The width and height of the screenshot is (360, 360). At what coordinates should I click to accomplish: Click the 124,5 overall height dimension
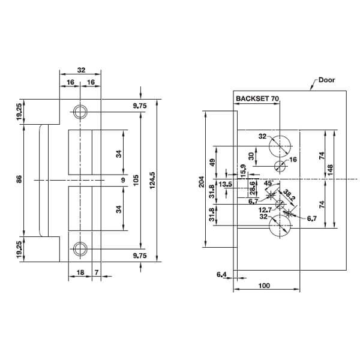click(153, 179)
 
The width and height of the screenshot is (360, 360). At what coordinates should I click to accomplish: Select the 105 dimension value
click(136, 179)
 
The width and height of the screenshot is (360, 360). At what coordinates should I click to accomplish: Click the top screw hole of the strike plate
click(79, 111)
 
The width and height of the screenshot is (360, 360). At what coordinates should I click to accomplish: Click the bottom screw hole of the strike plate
click(79, 249)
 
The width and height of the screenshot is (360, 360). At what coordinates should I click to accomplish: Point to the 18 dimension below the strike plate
click(79, 273)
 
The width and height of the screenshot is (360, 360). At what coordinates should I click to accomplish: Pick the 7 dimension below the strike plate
click(97, 273)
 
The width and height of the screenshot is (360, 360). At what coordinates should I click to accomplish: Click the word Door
click(327, 79)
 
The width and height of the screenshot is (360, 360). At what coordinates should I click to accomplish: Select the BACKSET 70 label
click(257, 97)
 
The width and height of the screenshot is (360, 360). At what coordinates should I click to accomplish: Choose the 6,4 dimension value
click(221, 274)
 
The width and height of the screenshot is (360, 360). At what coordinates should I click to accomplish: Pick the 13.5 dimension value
click(226, 184)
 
